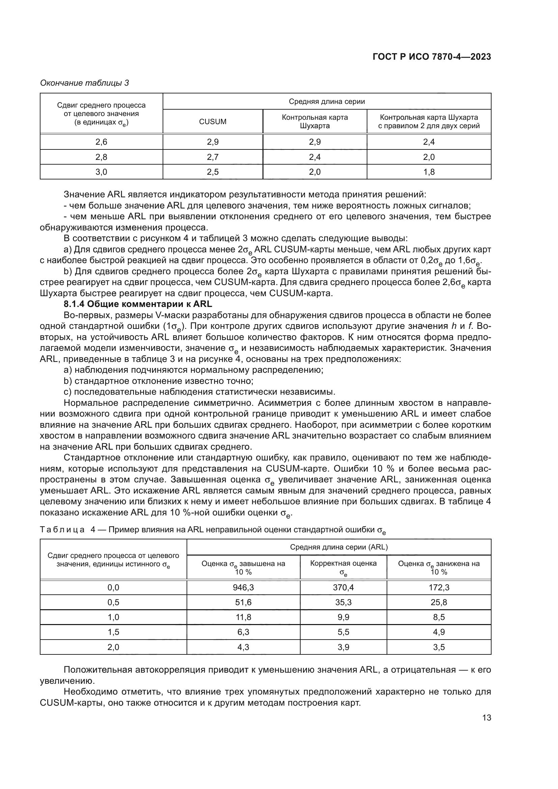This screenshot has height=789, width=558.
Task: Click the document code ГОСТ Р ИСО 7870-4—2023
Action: click(431, 57)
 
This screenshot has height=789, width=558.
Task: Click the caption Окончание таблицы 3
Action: click(85, 83)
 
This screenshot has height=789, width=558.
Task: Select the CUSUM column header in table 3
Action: click(213, 122)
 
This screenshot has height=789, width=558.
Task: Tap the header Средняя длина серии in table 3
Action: click(327, 102)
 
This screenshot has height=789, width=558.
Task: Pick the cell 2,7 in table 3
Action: click(213, 157)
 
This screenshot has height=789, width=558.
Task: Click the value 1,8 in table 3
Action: click(429, 172)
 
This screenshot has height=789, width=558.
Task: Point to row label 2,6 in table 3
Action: click(101, 142)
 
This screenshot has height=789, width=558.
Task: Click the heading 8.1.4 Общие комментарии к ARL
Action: click(138, 304)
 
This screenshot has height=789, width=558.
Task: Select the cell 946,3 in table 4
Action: click(243, 587)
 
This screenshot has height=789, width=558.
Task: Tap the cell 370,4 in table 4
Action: click(343, 587)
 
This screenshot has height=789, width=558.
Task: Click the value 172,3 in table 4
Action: click(439, 587)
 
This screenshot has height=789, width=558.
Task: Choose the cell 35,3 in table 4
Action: click(343, 602)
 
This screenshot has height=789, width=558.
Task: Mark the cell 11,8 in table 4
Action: click(243, 617)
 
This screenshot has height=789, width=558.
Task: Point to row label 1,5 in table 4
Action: click(113, 632)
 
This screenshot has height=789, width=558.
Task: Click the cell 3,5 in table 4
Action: click(439, 647)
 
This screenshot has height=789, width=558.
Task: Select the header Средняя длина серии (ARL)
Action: click(339, 547)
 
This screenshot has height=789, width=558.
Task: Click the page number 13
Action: click(486, 717)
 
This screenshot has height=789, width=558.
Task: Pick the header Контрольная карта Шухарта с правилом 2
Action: click(429, 122)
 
